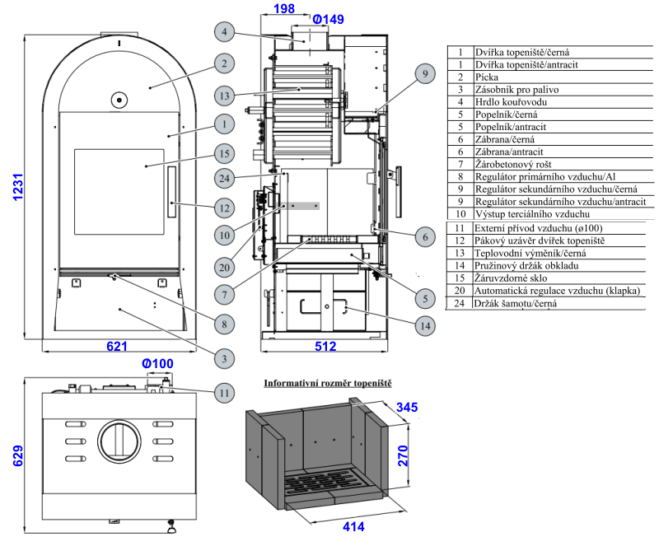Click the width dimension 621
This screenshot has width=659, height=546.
pos(118,347)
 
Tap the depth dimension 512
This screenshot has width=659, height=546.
pos(325,347)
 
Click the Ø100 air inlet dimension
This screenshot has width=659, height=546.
pos(157,363)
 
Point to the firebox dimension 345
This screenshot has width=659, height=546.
pos(407,407)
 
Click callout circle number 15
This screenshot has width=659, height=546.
pos(224,153)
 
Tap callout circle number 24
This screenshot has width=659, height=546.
pos(224,179)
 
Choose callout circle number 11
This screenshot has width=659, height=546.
pos(224,393)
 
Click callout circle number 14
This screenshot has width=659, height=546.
pos(423,326)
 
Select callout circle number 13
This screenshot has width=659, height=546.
pos(224,95)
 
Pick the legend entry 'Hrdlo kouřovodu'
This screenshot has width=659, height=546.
pos(511,102)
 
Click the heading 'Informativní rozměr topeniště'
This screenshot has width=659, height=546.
pos(327,384)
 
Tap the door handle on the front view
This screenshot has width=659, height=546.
pos(172,191)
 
